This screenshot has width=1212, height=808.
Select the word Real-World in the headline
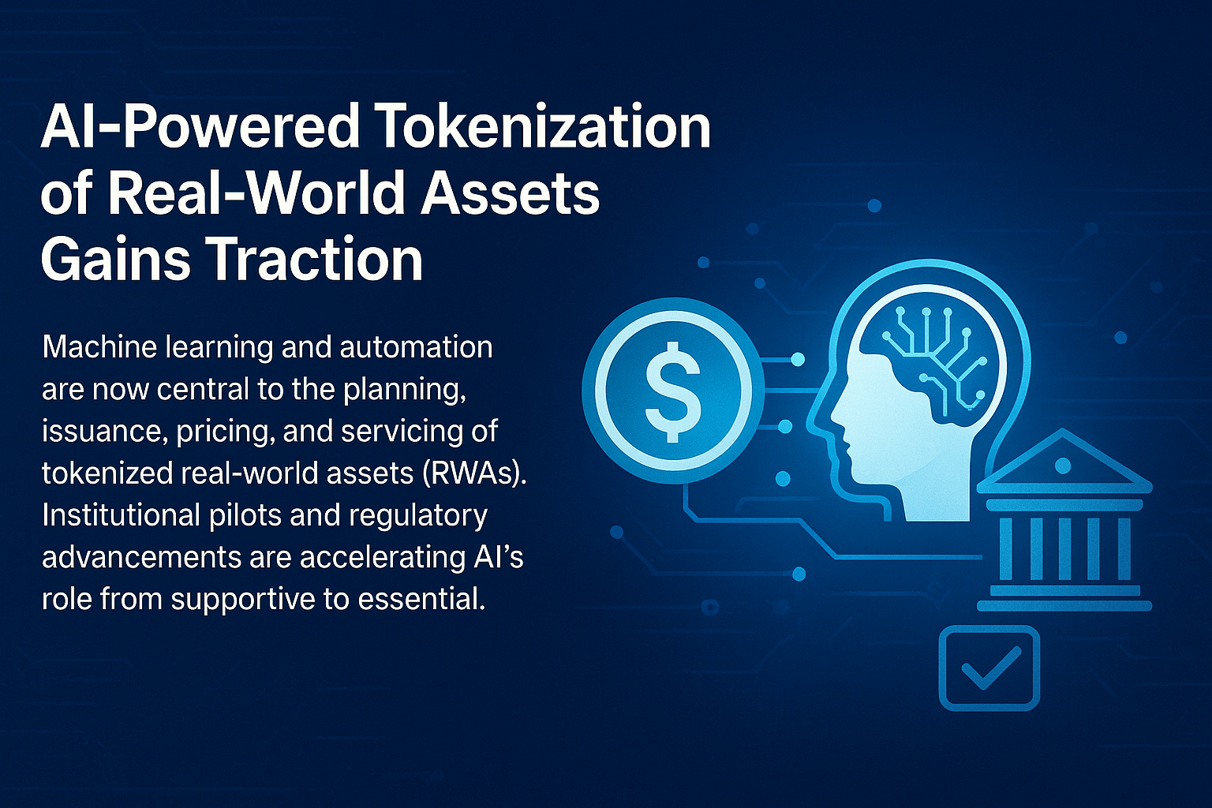(x=256, y=193)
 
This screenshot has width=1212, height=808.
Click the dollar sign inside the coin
(x=673, y=392)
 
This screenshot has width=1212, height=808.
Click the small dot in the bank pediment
(x=1063, y=466)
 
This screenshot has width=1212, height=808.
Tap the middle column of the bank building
(x=1064, y=548)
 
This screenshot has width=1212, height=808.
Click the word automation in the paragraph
(x=416, y=347)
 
